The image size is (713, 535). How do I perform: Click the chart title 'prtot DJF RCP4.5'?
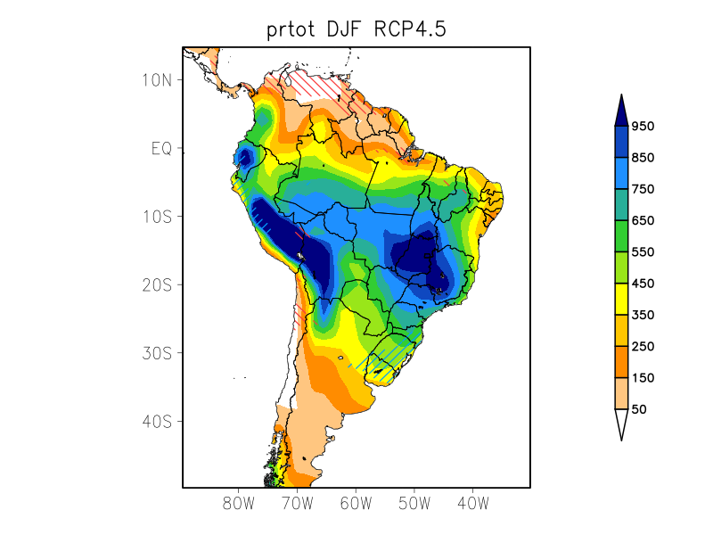356,29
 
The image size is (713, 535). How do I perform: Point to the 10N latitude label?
157,79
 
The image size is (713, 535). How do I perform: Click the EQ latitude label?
161,148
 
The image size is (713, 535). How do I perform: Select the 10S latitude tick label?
157,217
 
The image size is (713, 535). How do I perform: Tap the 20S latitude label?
157,284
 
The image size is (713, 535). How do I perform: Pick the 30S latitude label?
157,353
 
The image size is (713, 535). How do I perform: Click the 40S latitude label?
157,421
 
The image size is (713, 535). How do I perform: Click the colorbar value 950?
643,127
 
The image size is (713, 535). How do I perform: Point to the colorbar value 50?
639,409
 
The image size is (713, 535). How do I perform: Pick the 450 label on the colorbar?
643,284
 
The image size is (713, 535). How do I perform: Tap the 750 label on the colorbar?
643,189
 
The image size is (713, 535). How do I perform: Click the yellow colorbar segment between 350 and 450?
621,299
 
